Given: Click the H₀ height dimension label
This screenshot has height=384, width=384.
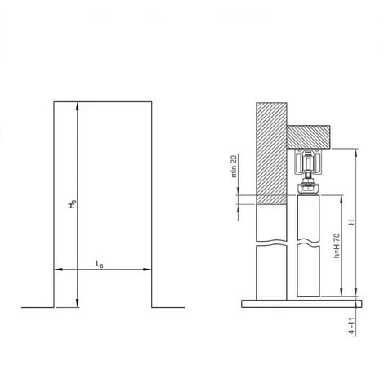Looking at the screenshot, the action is (72, 204).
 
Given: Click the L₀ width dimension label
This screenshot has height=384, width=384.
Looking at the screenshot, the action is (100, 264).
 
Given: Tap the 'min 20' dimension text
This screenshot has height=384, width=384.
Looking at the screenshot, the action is (234, 166).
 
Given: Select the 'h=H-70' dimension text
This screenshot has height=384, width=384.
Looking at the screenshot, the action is (337, 246).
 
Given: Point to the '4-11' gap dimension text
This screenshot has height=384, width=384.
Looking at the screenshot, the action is (352, 326).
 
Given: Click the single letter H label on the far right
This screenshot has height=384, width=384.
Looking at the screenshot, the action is (352, 222).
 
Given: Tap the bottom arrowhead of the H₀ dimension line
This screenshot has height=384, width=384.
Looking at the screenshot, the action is (78, 303).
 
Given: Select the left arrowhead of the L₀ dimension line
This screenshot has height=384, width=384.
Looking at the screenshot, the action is (59, 270).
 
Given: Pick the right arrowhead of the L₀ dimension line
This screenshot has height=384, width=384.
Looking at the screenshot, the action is (147, 270).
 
